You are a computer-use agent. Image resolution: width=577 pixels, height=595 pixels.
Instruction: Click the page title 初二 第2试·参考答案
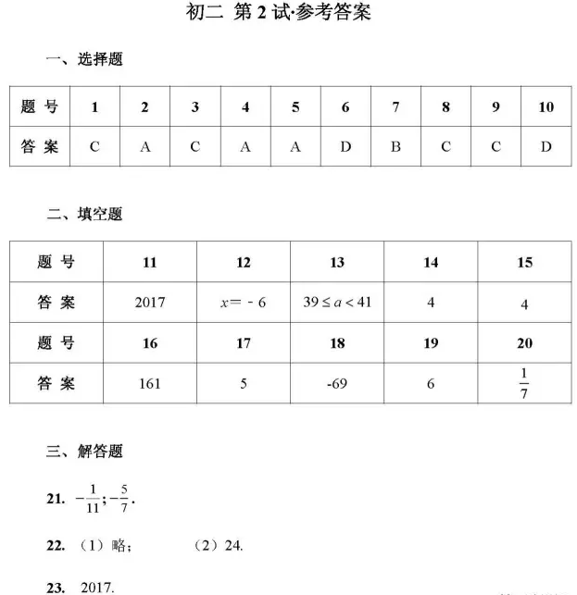[x=278, y=13]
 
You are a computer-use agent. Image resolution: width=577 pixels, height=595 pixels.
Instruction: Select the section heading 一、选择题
[x=84, y=60]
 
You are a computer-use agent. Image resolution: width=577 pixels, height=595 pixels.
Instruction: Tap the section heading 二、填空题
[x=84, y=215]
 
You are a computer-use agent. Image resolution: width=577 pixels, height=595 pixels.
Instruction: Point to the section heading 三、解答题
[x=84, y=452]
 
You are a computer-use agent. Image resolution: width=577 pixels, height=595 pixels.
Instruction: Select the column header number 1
[x=94, y=107]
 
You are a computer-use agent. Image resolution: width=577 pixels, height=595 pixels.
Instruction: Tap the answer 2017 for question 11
[x=149, y=303]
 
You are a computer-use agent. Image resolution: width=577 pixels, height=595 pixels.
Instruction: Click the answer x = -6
[x=244, y=303]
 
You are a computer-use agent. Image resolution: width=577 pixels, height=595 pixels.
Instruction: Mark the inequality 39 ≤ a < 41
[x=337, y=302]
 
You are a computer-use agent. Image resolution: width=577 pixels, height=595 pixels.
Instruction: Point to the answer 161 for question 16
[x=149, y=383]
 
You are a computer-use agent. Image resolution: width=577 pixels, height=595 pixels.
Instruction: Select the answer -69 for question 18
[x=337, y=383]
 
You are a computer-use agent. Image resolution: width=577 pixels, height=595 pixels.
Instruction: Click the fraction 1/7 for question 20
[x=524, y=383]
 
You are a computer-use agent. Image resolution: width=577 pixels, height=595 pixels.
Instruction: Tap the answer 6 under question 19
[x=431, y=383]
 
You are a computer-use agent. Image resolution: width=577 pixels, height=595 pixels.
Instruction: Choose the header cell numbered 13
[x=337, y=263]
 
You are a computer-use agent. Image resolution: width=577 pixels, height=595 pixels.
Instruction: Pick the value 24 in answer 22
[x=233, y=546]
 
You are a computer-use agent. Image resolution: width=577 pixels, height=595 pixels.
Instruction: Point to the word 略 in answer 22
[x=119, y=546]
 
